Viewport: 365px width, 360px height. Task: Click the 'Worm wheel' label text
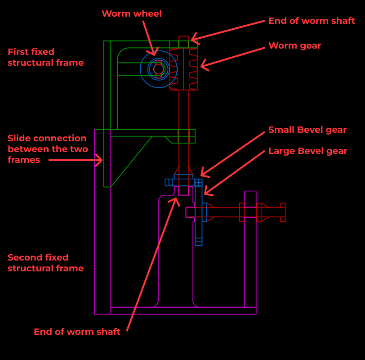(132, 13)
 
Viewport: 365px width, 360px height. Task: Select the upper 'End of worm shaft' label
(312, 21)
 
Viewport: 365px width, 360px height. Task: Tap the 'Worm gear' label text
(294, 45)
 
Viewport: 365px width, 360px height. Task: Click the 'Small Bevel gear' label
(307, 130)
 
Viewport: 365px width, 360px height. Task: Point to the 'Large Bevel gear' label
(307, 151)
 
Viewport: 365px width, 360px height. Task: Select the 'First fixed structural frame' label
(45, 57)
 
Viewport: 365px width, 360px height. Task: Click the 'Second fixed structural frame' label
(45, 263)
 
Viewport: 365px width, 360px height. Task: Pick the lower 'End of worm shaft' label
(77, 332)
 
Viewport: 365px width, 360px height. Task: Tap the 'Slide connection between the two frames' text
(47, 148)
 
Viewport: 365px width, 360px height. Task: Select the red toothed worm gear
(184, 69)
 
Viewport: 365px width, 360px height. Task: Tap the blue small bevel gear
(183, 181)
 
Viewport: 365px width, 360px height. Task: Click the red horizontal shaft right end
(283, 212)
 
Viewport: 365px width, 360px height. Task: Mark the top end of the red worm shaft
(183, 39)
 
